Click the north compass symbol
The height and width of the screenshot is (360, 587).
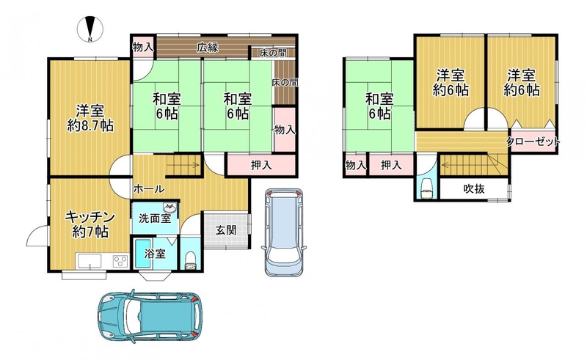(90, 29)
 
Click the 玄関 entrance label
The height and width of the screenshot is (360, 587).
(226, 229)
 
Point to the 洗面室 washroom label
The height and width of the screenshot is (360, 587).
(155, 218)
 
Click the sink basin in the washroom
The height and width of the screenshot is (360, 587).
(169, 207)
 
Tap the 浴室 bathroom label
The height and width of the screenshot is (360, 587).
(155, 254)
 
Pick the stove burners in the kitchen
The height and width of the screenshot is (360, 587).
(120, 260)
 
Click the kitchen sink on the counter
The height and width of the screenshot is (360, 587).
(89, 260)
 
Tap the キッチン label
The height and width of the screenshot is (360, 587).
(90, 217)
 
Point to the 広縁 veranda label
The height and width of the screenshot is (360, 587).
(208, 48)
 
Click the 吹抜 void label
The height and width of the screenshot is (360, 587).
(474, 189)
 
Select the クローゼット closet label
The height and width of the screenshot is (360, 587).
(533, 142)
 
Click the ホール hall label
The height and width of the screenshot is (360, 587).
(149, 189)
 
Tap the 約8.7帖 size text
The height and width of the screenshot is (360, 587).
(90, 126)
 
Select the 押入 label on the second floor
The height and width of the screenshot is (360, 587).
(391, 165)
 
